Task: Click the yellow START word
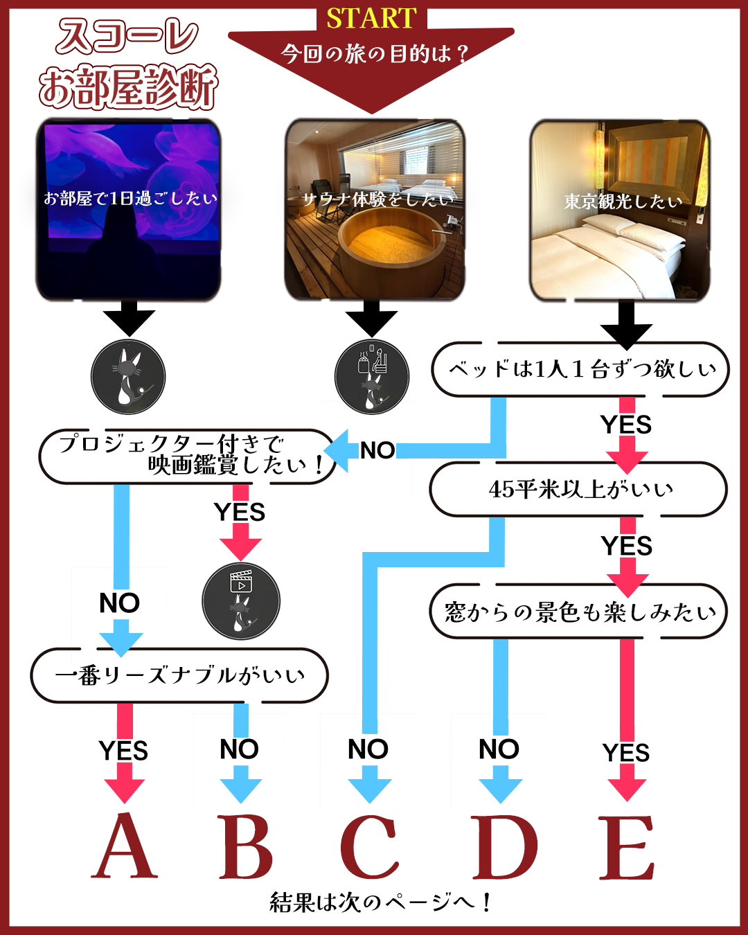tap(371, 19)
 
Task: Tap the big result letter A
tap(125, 846)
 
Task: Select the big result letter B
tap(245, 846)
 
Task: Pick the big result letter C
tap(370, 846)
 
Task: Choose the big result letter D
tap(504, 846)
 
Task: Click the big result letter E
tap(626, 846)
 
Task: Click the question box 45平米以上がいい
tap(579, 489)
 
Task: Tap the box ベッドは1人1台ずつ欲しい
tap(580, 369)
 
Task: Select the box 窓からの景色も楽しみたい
tap(579, 612)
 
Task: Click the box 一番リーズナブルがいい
tap(179, 675)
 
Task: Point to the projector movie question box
tap(187, 456)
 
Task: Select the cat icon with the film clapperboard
tap(241, 600)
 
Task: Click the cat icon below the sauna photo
tap(372, 377)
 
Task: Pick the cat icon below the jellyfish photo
tap(128, 377)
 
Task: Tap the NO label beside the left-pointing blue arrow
tap(377, 450)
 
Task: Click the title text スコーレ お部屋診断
tap(128, 64)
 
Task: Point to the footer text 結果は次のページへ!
tap(380, 902)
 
